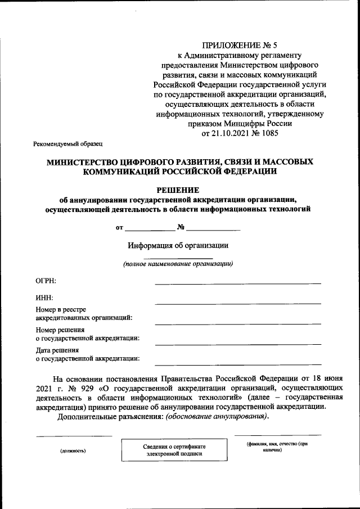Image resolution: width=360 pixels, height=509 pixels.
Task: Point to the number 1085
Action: pos(268,133)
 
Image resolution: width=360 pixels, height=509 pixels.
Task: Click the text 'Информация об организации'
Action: pos(178,245)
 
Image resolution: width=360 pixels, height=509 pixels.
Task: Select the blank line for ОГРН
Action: pos(238,283)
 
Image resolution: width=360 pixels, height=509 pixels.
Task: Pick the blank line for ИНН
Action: pos(238,303)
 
